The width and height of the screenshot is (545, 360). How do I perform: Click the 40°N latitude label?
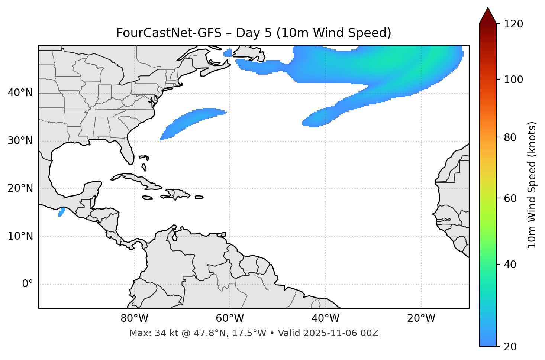point(20,93)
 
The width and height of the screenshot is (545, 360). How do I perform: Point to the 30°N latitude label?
point(20,141)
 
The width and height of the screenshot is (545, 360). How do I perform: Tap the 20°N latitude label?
point(20,188)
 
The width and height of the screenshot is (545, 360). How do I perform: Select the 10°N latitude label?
point(20,236)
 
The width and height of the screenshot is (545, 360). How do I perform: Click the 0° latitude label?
point(28,284)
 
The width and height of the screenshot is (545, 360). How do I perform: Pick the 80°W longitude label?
point(134,318)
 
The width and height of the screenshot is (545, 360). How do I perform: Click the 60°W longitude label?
point(230,318)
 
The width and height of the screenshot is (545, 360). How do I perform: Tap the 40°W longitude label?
point(325,318)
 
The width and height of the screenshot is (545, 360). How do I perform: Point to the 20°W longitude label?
point(421,318)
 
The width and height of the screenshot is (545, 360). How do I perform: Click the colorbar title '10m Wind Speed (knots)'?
point(532,185)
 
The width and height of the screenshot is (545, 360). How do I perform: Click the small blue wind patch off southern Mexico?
point(62,212)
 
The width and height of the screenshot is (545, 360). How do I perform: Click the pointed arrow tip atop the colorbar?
point(488,8)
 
